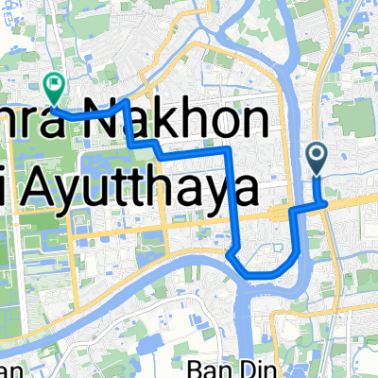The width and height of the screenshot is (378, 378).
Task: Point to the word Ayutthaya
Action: (142, 189)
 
